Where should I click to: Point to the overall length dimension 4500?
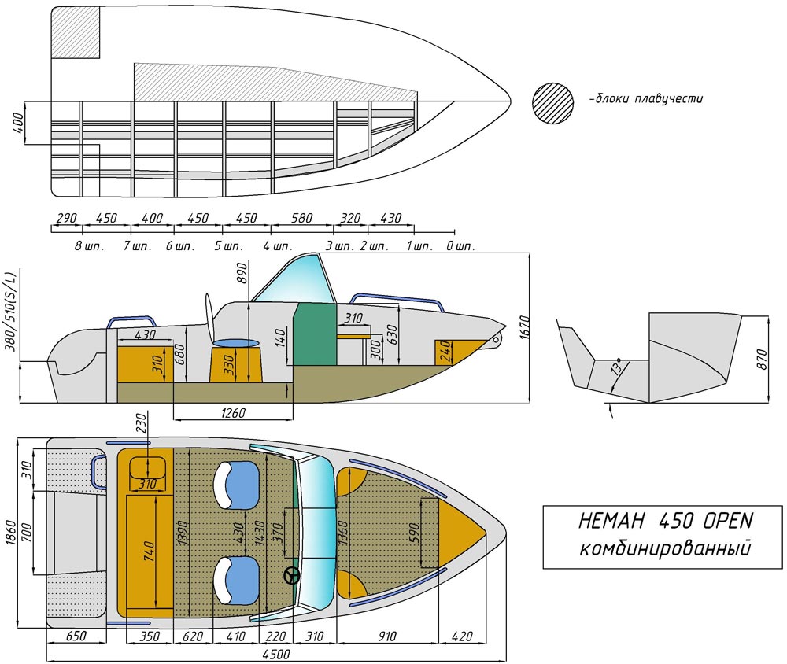tap(274, 654)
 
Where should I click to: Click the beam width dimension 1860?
tap(11, 533)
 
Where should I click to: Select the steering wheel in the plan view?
tap(292, 575)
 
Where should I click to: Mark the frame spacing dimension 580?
tap(301, 219)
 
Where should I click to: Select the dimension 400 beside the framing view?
tap(18, 124)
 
